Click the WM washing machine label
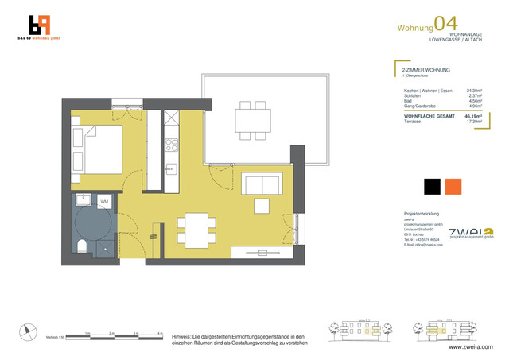(104, 202)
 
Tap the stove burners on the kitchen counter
(171, 145)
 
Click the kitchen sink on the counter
(171, 169)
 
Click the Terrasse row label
(414, 121)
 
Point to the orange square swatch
(453, 186)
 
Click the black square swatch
(432, 186)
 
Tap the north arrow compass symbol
(29, 332)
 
